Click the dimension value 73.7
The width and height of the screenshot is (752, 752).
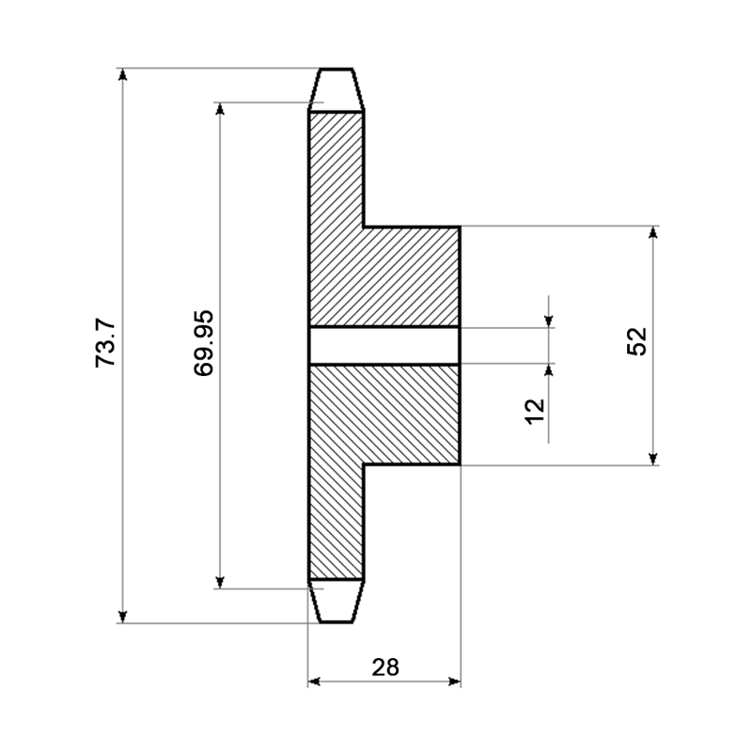pyautogui.click(x=105, y=343)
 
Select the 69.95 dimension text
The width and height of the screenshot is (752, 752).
pyautogui.click(x=203, y=343)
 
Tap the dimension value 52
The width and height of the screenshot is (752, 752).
pyautogui.click(x=636, y=341)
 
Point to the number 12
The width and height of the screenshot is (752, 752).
pyautogui.click(x=535, y=411)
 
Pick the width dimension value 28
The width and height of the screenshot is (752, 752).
pyautogui.click(x=385, y=667)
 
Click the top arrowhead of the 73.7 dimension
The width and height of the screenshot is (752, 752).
pyautogui.click(x=123, y=74)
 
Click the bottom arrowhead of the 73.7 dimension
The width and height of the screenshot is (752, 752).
pyautogui.click(x=123, y=617)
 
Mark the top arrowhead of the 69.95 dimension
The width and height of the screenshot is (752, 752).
pyautogui.click(x=220, y=109)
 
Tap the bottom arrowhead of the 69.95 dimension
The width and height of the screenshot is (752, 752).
pyautogui.click(x=220, y=582)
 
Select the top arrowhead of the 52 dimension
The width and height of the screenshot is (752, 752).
pyautogui.click(x=652, y=231)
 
